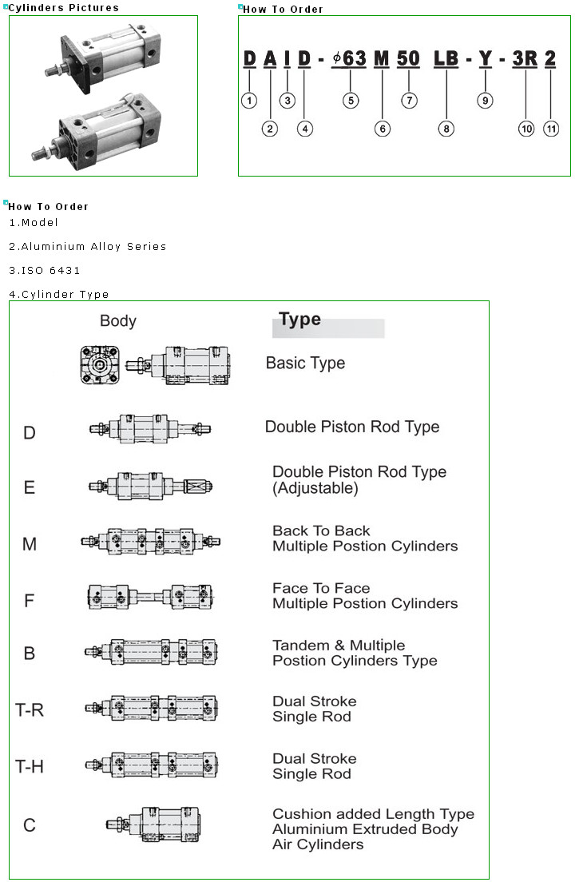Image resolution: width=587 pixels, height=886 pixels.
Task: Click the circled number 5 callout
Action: coord(351,101)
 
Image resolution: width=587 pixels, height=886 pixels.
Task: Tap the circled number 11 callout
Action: coord(551,129)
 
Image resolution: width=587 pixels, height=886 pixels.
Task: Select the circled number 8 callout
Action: coord(446,129)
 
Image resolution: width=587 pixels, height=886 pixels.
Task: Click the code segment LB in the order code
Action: coord(446,58)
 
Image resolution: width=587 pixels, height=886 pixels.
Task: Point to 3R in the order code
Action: coord(525,58)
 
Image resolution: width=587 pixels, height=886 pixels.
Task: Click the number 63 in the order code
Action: coord(354,58)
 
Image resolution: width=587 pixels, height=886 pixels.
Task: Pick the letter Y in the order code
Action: coord(485,58)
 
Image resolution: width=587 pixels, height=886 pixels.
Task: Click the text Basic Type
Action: coord(305,363)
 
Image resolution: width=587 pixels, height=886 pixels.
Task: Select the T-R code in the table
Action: coord(30,709)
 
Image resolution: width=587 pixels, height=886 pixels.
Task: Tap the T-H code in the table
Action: coord(30,767)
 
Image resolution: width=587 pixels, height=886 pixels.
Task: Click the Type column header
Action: coord(300,320)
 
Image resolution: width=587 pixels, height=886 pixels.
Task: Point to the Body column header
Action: coord(118,321)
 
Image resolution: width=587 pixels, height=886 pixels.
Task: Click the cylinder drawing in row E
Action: coord(151,485)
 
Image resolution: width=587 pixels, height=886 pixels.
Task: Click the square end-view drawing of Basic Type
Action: coord(99,364)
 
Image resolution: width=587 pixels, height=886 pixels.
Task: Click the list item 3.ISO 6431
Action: coord(45,271)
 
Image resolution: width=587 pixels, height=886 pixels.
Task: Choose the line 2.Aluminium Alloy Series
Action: coord(88,247)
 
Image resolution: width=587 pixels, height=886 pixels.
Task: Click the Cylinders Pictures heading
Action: coord(64,8)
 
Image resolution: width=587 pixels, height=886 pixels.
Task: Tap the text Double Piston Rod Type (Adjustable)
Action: coord(359,479)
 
